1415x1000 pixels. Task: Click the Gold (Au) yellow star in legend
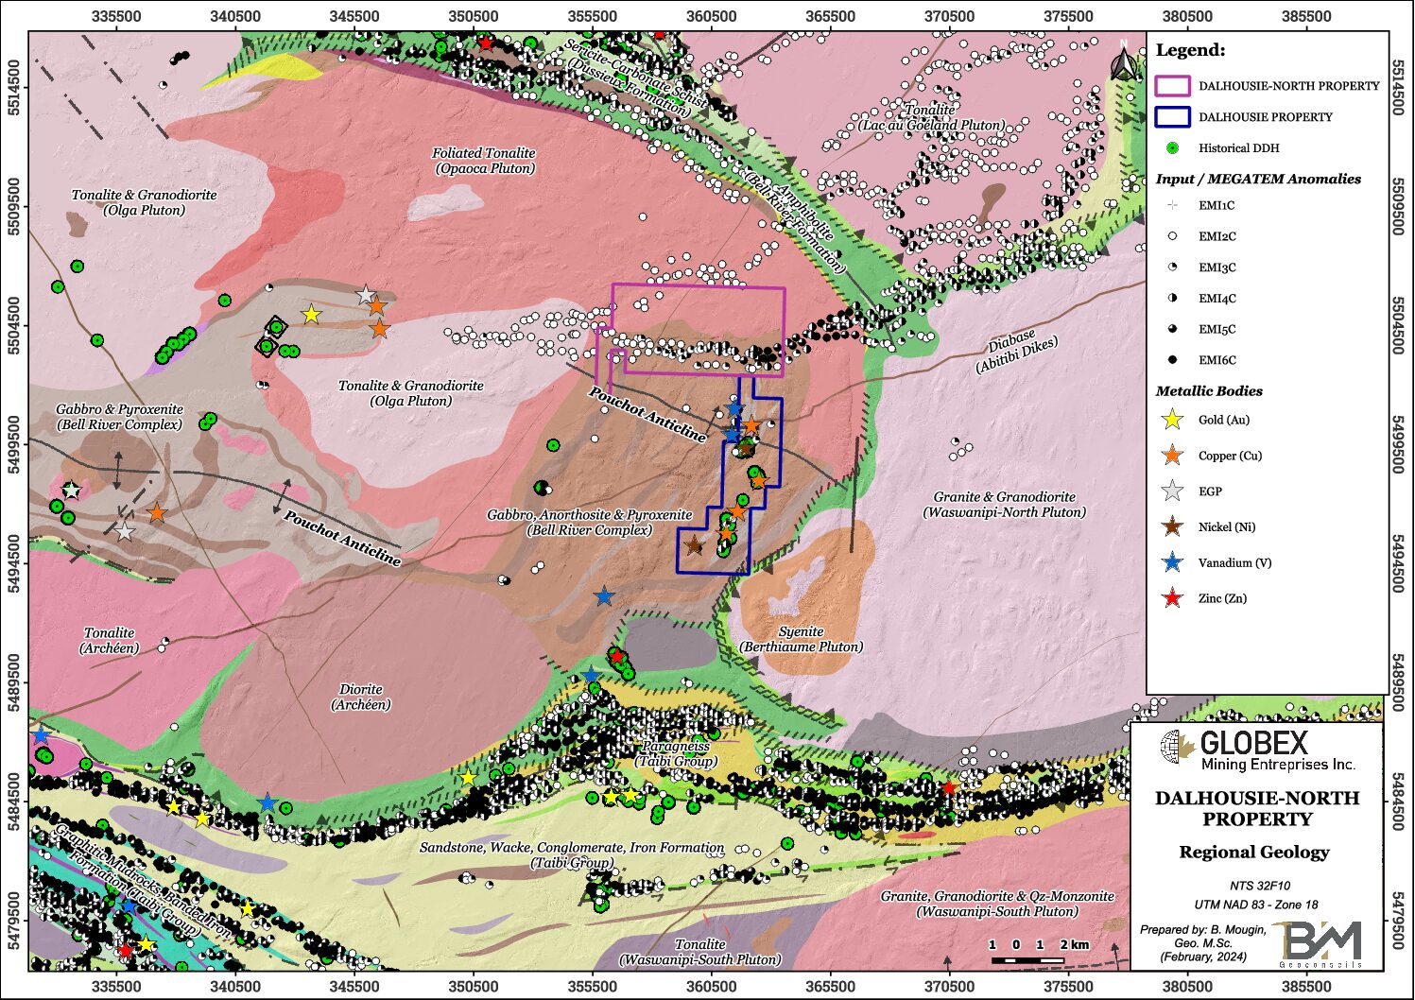pos(1172,420)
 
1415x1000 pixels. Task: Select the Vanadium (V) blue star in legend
pos(1172,562)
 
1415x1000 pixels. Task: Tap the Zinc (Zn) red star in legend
pos(1172,598)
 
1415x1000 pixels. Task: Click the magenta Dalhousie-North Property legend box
pos(1172,86)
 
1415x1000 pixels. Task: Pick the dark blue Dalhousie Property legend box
pos(1172,117)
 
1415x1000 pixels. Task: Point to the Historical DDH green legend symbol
pos(1172,148)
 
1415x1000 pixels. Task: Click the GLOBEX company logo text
pos(1253,744)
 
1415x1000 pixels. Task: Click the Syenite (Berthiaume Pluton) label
pos(802,639)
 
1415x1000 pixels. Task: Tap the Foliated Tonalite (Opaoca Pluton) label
pos(484,161)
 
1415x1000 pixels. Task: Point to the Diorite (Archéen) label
pos(361,697)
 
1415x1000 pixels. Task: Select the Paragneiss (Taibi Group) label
pos(676,753)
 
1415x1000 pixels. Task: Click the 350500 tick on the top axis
pos(473,16)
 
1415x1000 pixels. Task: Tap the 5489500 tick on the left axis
pos(14,682)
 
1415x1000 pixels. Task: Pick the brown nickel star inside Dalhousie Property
pos(693,545)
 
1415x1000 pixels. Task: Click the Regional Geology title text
pos(1253,852)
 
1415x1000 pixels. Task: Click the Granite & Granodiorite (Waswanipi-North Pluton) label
pos(1004,504)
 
